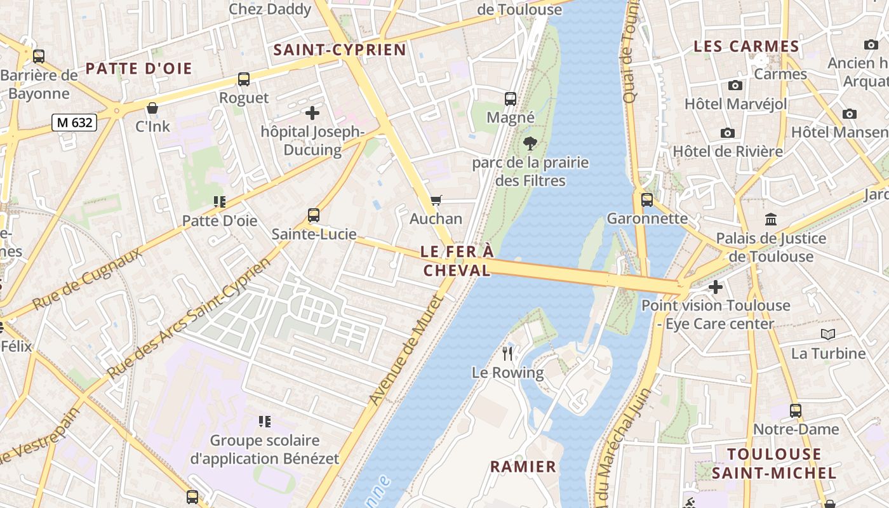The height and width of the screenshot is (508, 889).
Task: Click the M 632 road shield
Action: coord(74,123)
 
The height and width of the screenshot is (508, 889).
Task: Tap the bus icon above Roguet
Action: coord(244,79)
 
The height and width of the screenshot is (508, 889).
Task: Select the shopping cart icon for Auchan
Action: coord(436,201)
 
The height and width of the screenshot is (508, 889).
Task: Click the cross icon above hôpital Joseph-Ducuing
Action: coord(312,114)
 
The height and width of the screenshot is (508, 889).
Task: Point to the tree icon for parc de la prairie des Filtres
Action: coord(530,144)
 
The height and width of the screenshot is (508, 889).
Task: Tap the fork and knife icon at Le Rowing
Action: coord(507,354)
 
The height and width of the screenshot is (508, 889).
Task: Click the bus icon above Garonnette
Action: coord(647,200)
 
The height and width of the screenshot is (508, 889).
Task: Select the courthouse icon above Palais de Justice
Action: coord(771,220)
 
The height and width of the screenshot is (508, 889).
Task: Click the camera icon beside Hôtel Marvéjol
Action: coord(735,85)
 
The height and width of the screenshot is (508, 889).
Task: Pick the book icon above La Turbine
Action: coord(827,335)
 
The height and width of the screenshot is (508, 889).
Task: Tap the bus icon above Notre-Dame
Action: coord(796,411)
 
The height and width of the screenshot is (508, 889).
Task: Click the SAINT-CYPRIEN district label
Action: coord(340,50)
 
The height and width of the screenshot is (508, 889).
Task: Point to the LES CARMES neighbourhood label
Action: coord(746,46)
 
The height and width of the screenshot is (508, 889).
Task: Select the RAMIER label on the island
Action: coord(523,467)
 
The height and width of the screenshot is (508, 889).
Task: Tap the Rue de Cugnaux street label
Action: coord(87,279)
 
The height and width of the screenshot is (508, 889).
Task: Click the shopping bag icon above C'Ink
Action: coord(152,108)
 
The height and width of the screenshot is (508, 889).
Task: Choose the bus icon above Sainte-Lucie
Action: coord(314,215)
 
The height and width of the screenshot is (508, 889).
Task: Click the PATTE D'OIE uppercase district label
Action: coord(138,69)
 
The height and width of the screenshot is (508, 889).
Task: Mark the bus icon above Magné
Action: coord(511,99)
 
